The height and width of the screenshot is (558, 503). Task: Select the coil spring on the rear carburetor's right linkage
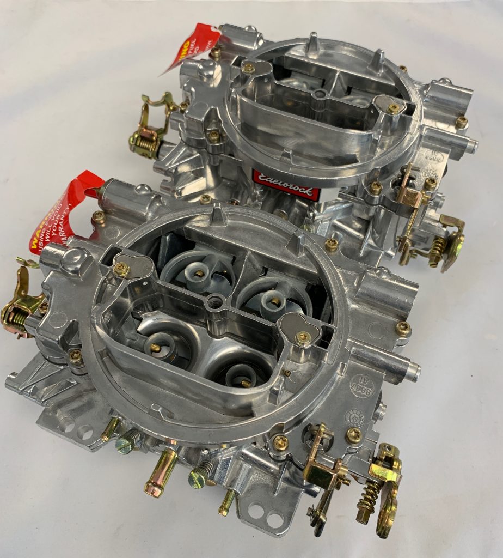coord(437,251)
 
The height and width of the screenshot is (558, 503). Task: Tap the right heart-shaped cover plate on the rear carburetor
coord(388,106)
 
